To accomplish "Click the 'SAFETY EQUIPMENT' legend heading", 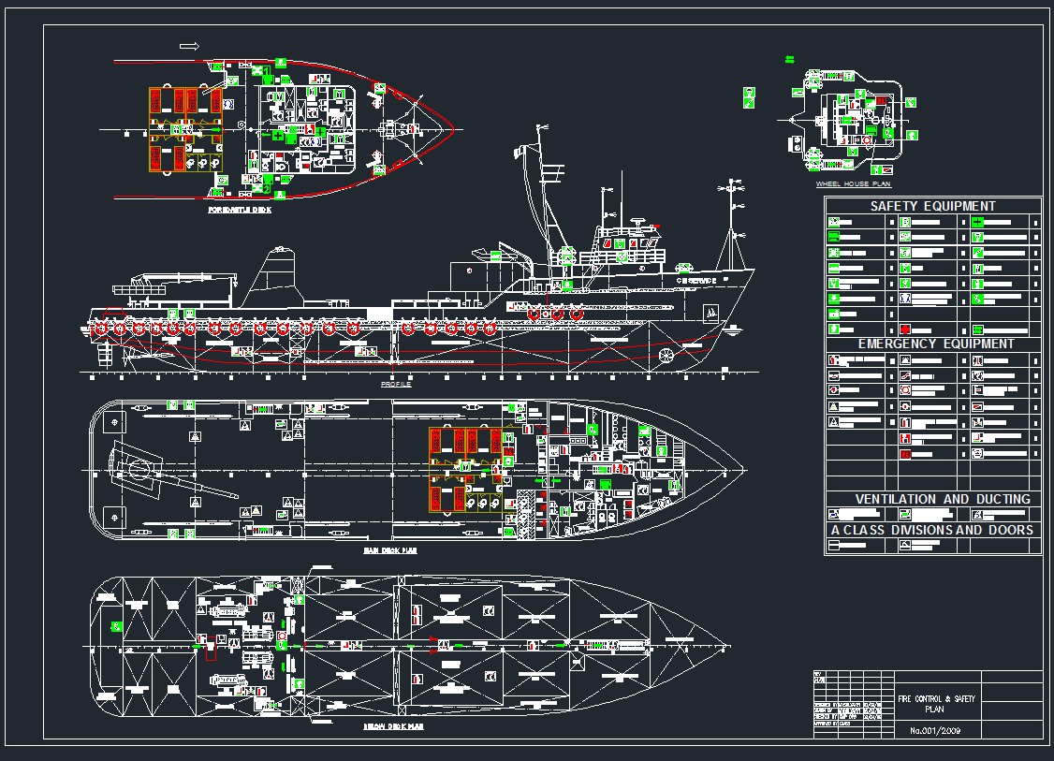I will (932, 206).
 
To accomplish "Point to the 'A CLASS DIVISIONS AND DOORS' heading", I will (932, 530).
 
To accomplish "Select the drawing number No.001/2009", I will (935, 730).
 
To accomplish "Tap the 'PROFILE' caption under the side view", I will (396, 385).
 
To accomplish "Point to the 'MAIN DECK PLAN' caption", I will (389, 551).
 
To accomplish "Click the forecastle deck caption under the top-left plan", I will (241, 211).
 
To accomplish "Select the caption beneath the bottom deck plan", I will (393, 725).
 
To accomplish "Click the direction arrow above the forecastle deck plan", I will (189, 46).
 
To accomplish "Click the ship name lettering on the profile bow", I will (697, 281).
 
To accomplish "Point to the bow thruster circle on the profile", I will (666, 356).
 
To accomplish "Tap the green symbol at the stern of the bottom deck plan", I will (117, 626).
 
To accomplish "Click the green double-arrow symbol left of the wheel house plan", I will (789, 59).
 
